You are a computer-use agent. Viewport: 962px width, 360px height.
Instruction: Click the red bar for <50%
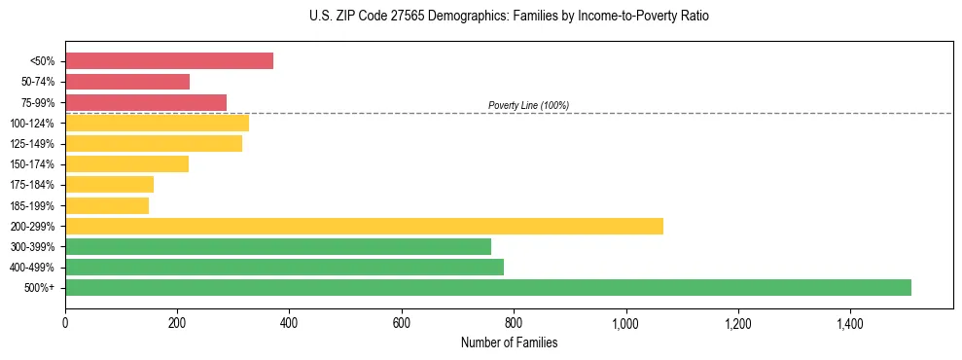click(x=169, y=61)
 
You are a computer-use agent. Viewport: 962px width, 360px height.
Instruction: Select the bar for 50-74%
click(x=127, y=82)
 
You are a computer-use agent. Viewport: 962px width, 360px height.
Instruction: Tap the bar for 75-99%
click(x=146, y=102)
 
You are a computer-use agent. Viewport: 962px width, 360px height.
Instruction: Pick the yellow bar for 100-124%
click(x=157, y=123)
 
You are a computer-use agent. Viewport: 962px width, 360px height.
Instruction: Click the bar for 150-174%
click(x=126, y=163)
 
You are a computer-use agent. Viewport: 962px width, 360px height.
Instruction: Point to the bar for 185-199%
click(x=107, y=205)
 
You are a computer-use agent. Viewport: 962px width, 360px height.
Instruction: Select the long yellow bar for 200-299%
click(x=364, y=226)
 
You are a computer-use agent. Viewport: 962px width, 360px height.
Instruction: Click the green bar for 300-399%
click(x=278, y=246)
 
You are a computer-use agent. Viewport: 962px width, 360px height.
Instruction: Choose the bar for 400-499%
click(x=284, y=267)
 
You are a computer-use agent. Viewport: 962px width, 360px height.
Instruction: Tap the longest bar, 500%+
click(x=488, y=287)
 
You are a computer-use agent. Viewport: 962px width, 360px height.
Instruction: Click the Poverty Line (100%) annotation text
click(x=528, y=105)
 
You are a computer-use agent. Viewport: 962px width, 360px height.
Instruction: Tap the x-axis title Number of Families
click(x=509, y=342)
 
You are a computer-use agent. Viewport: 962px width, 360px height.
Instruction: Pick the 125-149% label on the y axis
click(x=32, y=144)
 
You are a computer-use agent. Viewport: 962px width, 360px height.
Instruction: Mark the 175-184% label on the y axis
click(x=32, y=185)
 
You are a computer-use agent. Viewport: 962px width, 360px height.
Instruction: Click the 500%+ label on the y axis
click(x=40, y=288)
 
